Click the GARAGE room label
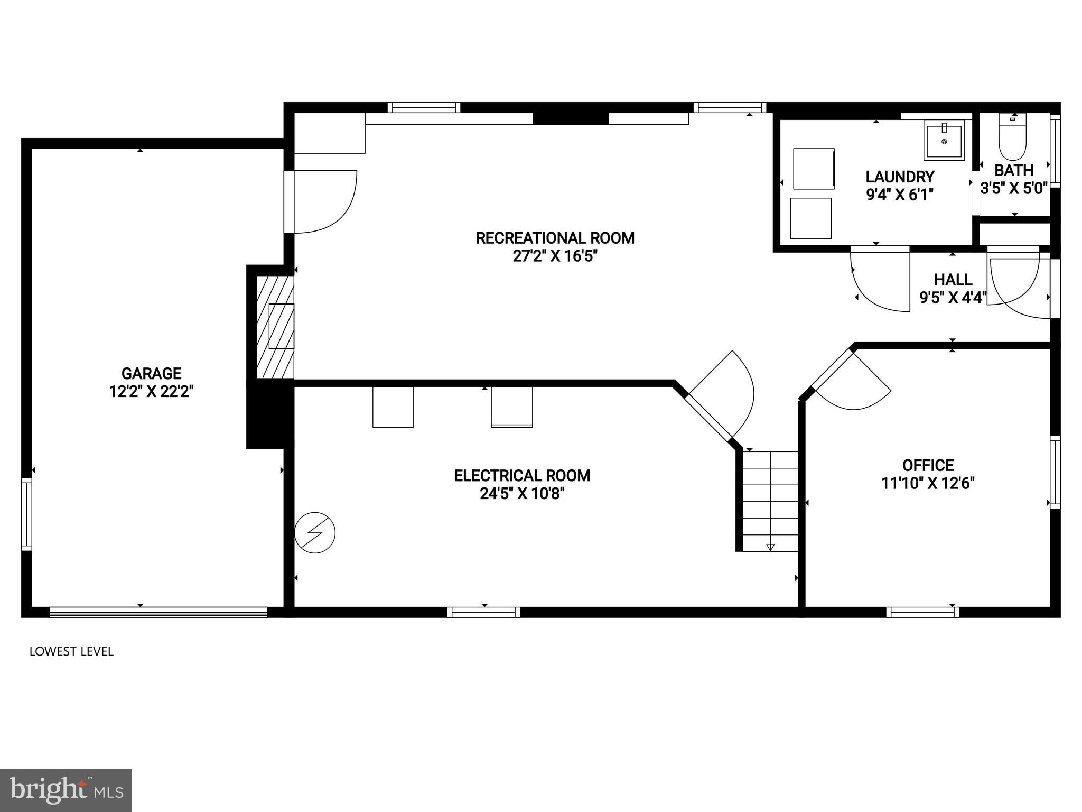(152, 374)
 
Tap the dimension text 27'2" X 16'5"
(555, 256)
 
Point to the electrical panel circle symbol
(315, 532)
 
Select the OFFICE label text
(928, 465)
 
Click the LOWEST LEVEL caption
(71, 651)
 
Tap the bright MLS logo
(66, 790)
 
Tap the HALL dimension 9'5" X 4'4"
(953, 298)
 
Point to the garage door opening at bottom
(158, 612)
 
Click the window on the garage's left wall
(26, 514)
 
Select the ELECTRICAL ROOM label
(522, 476)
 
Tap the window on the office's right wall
(1055, 472)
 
